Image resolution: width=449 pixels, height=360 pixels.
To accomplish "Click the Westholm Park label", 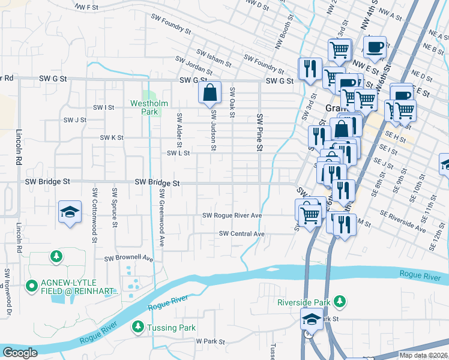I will (x=144, y=107).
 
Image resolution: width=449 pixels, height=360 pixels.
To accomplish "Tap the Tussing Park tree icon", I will (x=137, y=327).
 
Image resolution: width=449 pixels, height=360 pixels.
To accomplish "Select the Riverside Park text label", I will (x=304, y=302).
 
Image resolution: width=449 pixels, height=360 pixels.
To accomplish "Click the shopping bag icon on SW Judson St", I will (x=209, y=94).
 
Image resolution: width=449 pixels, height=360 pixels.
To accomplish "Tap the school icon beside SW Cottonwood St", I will (x=70, y=213).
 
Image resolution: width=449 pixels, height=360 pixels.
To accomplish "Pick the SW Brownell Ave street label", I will (x=129, y=259).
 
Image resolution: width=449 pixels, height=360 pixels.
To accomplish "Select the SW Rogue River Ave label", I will (x=232, y=215).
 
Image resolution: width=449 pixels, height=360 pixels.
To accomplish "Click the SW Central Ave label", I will (x=242, y=233).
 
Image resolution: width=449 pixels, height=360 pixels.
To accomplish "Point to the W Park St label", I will (x=210, y=341).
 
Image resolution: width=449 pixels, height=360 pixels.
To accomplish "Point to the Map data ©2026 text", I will (x=423, y=355).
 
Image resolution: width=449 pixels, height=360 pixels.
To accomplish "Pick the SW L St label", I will (x=178, y=154).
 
